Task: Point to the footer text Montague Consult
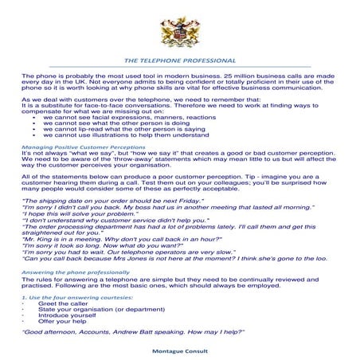[180, 350]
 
